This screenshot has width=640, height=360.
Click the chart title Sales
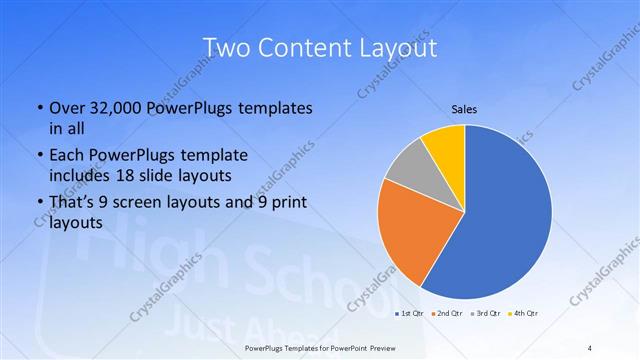pyautogui.click(x=465, y=108)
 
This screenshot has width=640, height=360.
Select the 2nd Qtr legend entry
pyautogui.click(x=445, y=315)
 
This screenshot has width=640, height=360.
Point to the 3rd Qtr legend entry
pyautogui.click(x=485, y=315)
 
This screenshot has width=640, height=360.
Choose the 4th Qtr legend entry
pyautogui.click(x=524, y=315)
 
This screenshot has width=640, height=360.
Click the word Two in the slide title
pyautogui.click(x=229, y=48)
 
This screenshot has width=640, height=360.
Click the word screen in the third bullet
pyautogui.click(x=166, y=204)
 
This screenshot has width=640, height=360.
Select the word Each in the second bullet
pyautogui.click(x=66, y=156)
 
